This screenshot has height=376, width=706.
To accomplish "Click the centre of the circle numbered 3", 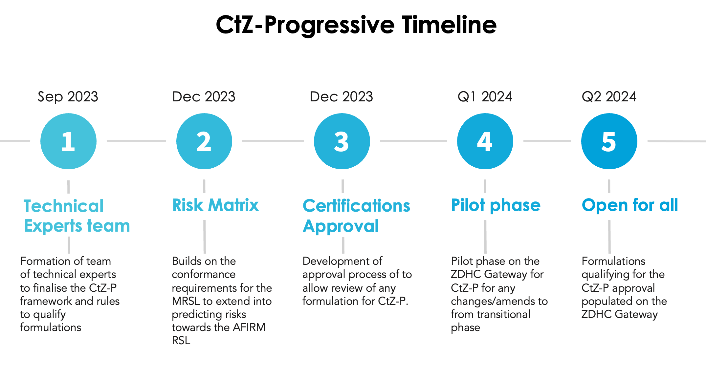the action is pos(342,141).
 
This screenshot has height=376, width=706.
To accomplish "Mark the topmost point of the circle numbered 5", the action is pos(609,113).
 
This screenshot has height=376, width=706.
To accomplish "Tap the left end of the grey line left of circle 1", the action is pos(0,141).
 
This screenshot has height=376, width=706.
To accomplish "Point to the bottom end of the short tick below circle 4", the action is pos(485,193).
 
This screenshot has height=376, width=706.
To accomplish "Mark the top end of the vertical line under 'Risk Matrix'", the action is pos(205,220).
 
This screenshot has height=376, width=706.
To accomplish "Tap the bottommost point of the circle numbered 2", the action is pos(204,169).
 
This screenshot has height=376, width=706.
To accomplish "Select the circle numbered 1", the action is pos(68,141).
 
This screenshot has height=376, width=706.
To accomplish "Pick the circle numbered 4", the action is pos(485,141).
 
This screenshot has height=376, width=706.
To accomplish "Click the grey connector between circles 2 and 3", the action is pos(273,141).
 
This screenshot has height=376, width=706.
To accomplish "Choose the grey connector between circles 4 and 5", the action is pos(547,141).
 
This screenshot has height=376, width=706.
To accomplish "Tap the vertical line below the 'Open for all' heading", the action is pos(609,237).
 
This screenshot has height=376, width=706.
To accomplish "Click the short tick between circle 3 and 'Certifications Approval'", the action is pos(343,186).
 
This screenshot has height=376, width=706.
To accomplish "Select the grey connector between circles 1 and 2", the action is pos(136,141).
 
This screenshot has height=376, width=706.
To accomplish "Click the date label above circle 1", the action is pos(68,96).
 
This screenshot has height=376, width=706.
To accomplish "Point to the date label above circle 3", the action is pos(342,96).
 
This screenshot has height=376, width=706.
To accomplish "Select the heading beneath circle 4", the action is pos(496,206).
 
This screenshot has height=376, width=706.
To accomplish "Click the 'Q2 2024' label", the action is pos(609,96).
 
